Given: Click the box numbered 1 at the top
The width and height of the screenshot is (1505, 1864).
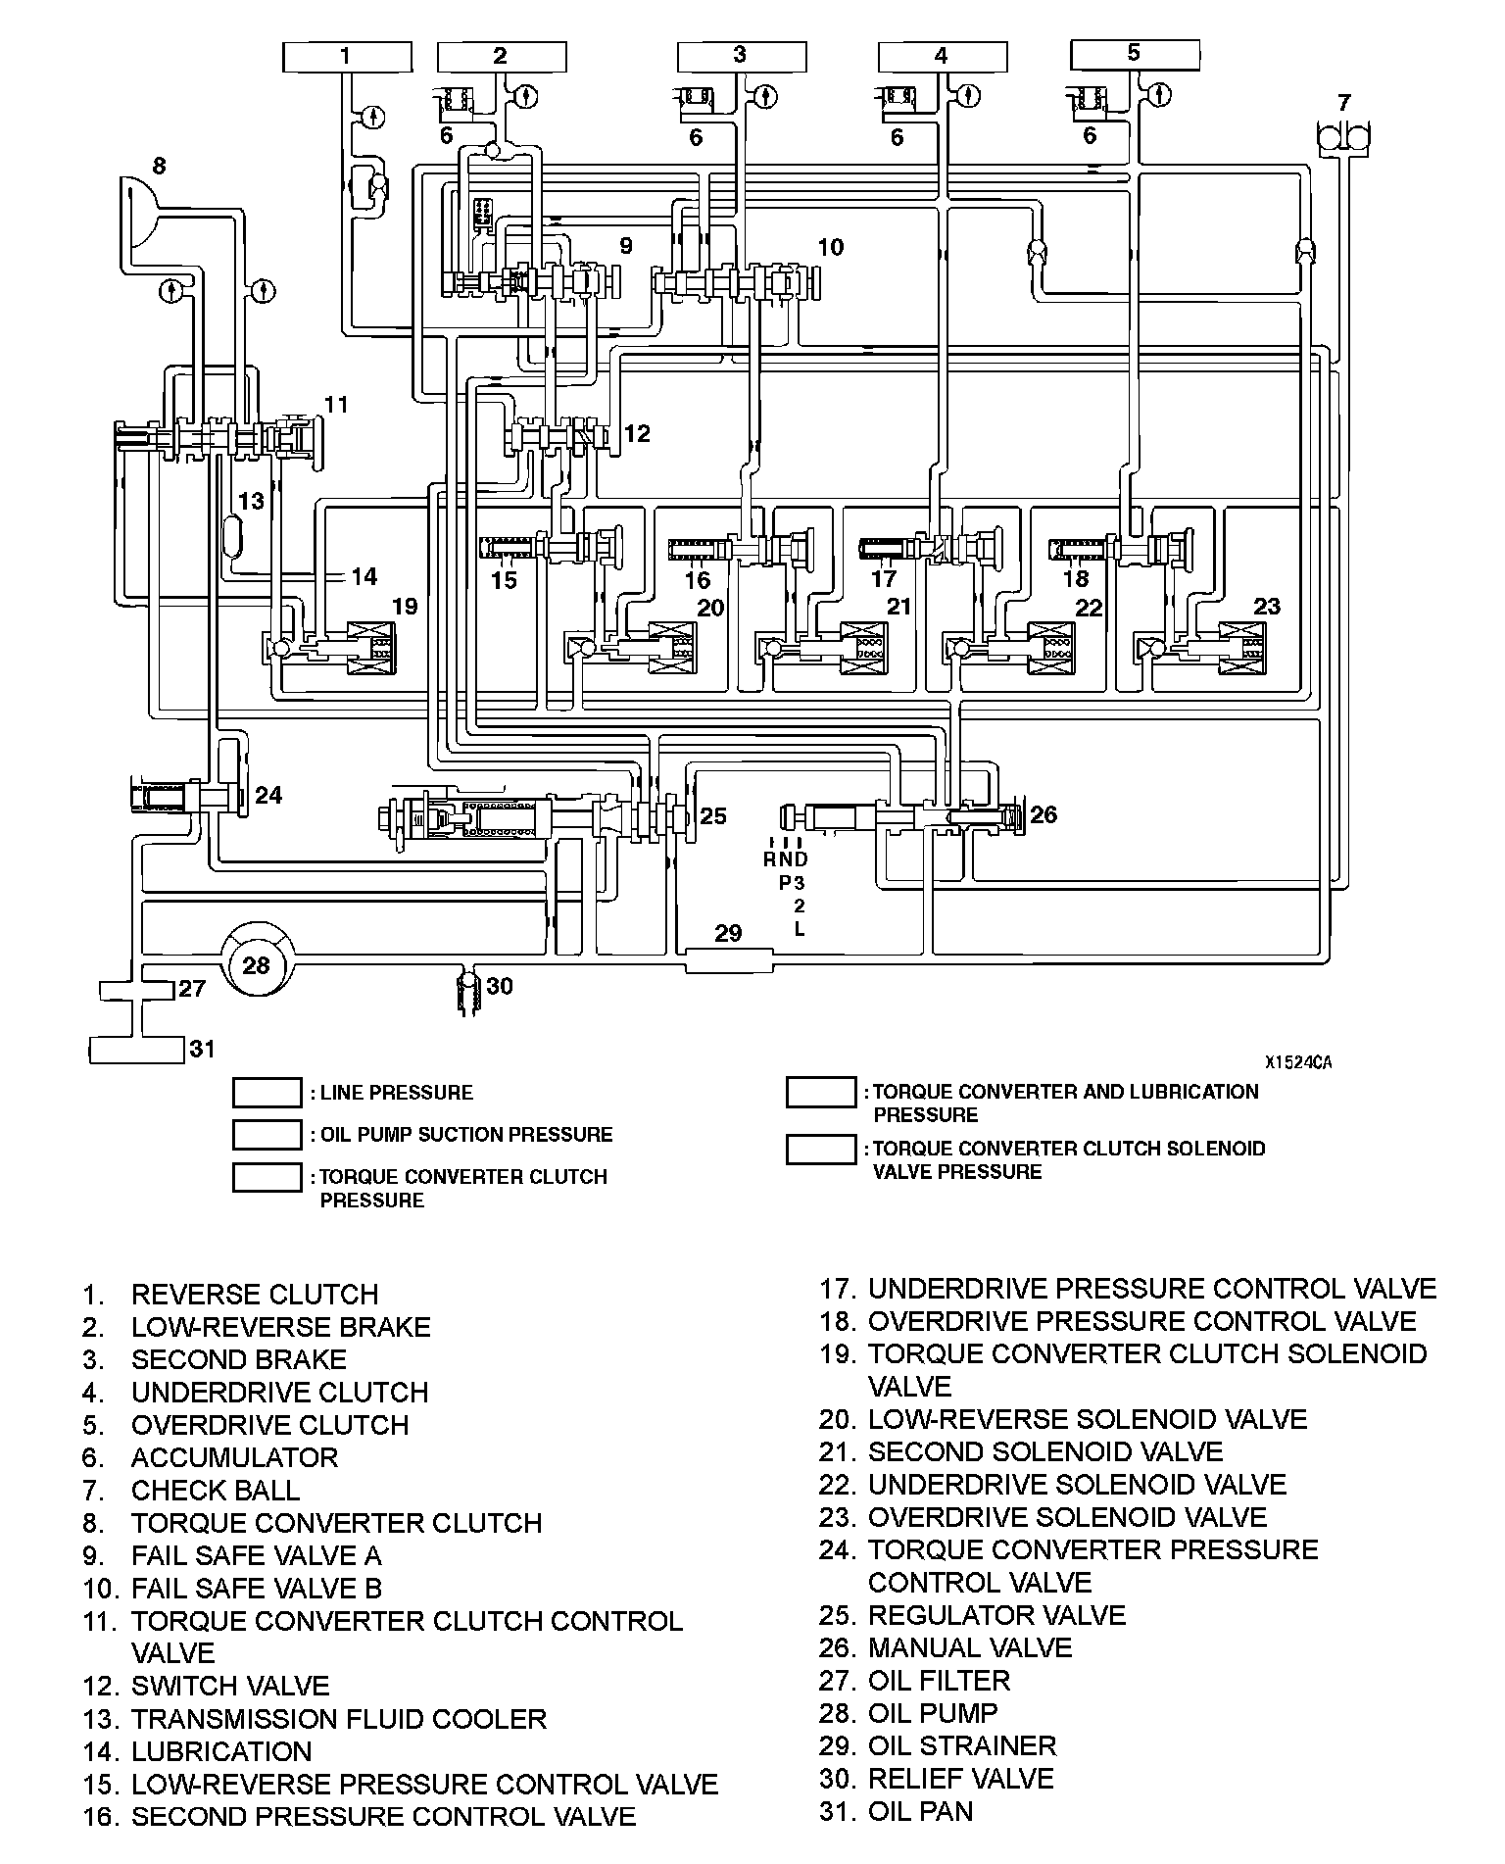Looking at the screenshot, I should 346,57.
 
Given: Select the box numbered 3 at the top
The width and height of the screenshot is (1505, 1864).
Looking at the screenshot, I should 741,56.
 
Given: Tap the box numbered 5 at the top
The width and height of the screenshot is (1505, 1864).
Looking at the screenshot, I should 1135,54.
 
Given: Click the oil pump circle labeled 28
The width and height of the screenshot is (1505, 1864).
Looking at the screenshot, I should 256,965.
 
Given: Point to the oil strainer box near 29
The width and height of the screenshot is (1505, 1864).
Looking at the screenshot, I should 728,959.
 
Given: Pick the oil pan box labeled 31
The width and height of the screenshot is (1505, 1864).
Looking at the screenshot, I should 136,1050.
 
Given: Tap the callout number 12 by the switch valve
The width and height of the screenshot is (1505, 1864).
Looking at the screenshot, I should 637,433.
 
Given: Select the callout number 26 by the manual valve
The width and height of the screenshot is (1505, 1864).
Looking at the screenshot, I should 1044,813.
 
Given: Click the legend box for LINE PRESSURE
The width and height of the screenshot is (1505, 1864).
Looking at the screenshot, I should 267,1092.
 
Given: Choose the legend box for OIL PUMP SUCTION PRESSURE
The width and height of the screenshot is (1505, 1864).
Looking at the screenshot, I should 267,1134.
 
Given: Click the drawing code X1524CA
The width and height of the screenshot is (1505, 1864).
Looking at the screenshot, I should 1297,1061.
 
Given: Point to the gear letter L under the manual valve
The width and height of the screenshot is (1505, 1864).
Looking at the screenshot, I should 800,928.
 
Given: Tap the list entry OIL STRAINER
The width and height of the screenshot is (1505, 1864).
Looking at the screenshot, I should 961,1745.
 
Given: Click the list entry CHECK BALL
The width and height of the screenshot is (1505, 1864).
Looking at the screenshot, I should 216,1490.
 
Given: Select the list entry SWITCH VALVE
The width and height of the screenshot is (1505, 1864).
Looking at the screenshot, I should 230,1686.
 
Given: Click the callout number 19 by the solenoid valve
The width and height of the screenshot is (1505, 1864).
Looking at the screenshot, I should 405,606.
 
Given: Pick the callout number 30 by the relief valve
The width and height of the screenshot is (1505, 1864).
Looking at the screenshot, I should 500,985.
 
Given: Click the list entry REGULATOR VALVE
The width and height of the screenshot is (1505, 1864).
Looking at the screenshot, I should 996,1615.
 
